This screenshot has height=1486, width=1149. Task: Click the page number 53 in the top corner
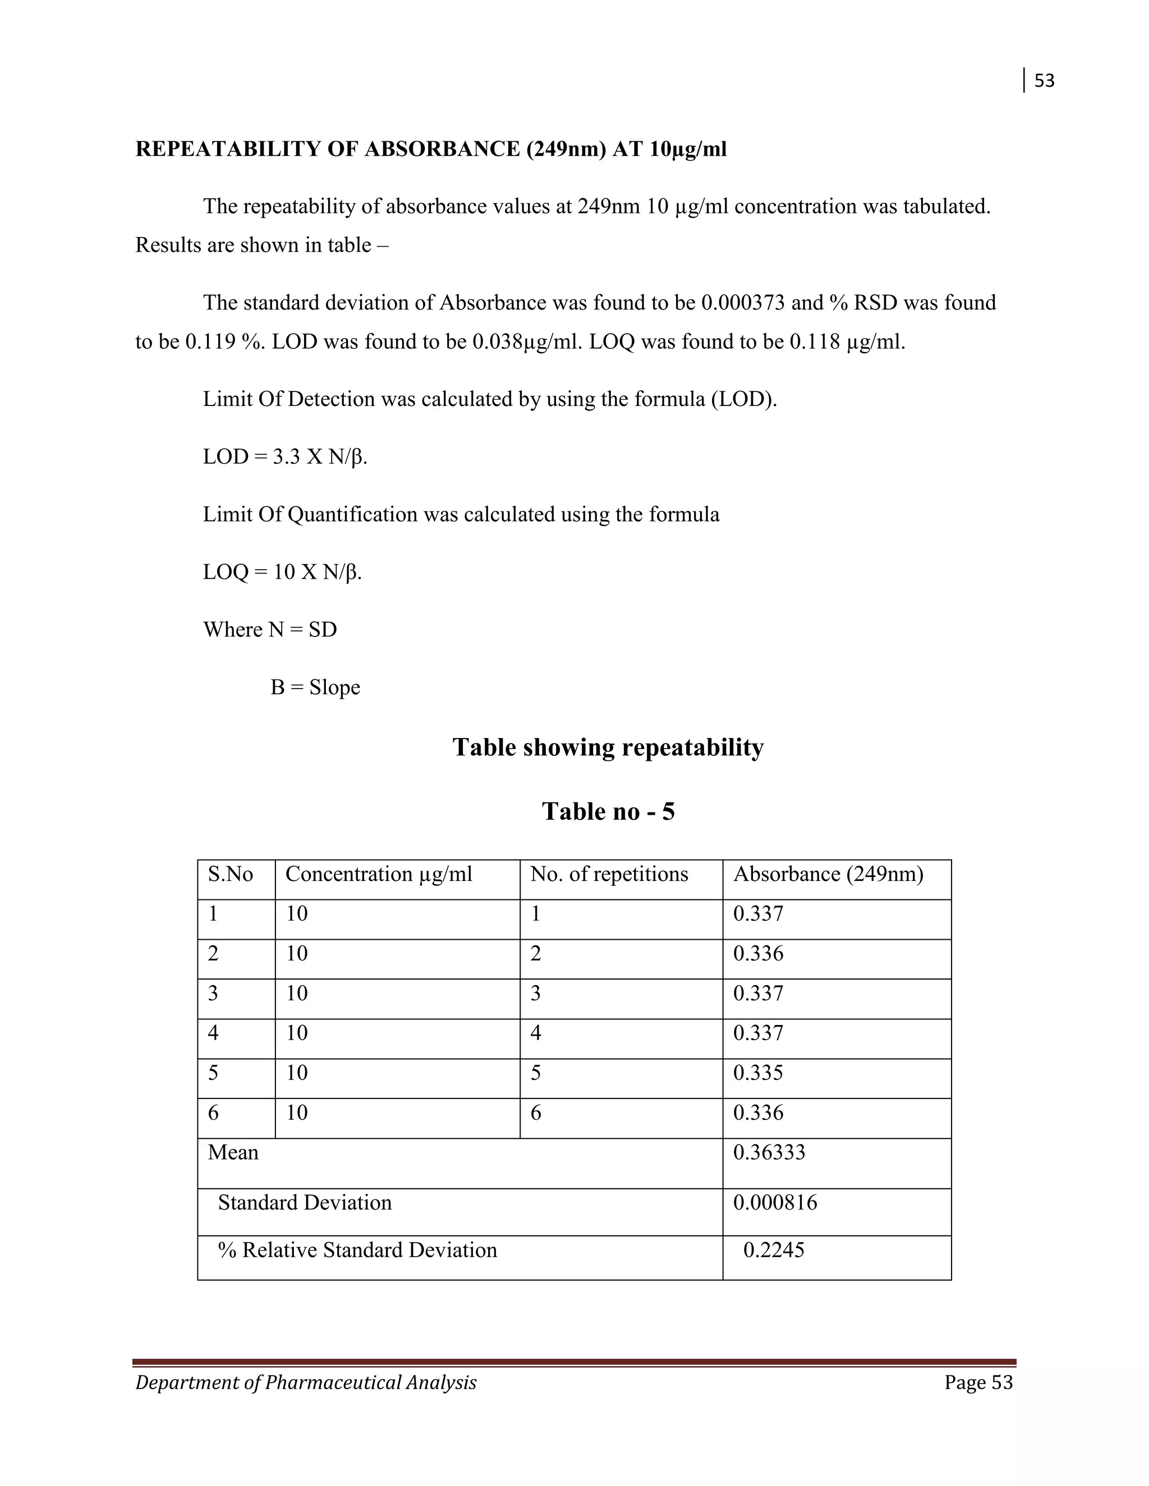1044,81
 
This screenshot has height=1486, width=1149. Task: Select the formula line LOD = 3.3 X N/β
285,456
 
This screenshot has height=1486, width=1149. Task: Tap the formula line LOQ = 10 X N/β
283,571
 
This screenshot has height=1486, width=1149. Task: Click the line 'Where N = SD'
270,629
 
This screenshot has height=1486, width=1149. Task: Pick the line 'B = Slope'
315,687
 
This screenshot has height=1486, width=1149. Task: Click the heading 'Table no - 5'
608,811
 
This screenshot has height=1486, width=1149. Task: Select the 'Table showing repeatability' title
608,747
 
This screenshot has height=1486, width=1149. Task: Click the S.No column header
230,874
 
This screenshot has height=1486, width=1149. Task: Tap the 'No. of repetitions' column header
609,874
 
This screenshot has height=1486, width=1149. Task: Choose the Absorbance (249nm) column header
828,874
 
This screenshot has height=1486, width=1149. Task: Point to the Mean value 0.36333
769,1152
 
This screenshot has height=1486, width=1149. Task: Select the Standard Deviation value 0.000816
775,1203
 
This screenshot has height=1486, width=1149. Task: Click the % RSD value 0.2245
773,1250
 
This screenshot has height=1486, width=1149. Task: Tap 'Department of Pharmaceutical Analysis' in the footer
306,1383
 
